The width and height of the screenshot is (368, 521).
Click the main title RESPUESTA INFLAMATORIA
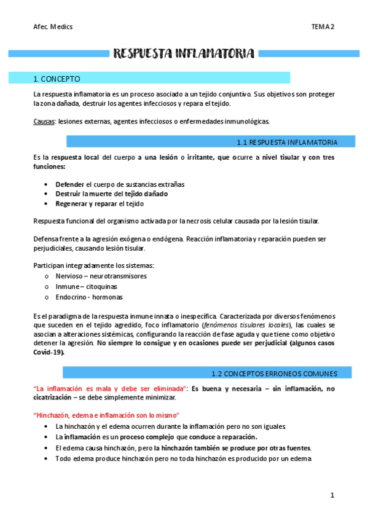point(184,54)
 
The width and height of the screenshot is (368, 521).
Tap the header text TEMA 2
point(323,26)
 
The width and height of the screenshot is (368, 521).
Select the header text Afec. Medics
point(53,26)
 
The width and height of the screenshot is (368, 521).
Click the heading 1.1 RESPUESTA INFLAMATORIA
point(286,142)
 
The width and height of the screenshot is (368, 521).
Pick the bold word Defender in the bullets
point(69,184)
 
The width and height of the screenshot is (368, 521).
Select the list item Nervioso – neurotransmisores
point(101,276)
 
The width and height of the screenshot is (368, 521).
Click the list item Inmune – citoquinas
point(86,286)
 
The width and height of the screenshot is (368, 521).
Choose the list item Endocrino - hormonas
point(88,297)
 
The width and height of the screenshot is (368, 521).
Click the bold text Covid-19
point(49,353)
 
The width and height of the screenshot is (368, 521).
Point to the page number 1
point(332,495)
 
